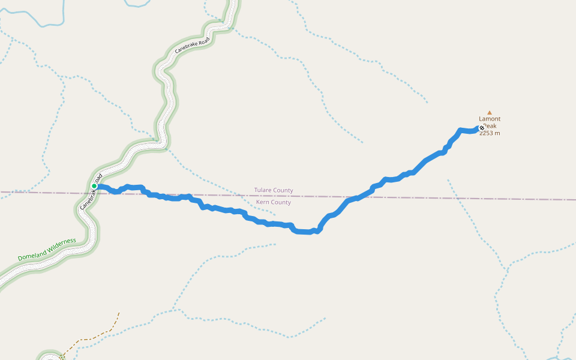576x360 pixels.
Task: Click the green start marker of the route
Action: [94, 186]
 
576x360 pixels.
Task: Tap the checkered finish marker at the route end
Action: [482, 127]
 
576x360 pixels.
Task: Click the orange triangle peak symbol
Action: [490, 112]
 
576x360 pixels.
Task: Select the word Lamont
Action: [490, 119]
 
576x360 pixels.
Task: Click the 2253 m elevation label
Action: [490, 133]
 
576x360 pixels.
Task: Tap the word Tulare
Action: [263, 190]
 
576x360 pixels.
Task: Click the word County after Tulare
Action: [283, 190]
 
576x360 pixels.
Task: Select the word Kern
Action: [263, 202]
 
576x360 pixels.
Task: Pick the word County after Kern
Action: [281, 202]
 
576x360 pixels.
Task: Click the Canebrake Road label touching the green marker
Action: [90, 194]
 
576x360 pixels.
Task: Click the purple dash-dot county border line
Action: [420, 197]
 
